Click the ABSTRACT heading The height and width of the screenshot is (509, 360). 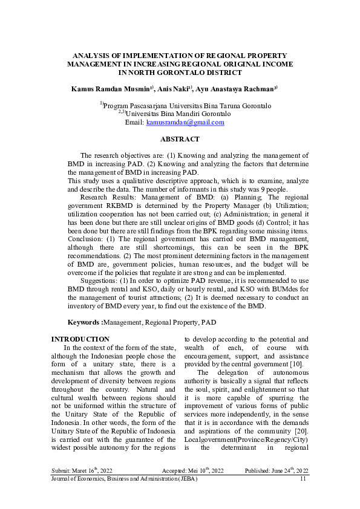pyautogui.click(x=180, y=139)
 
